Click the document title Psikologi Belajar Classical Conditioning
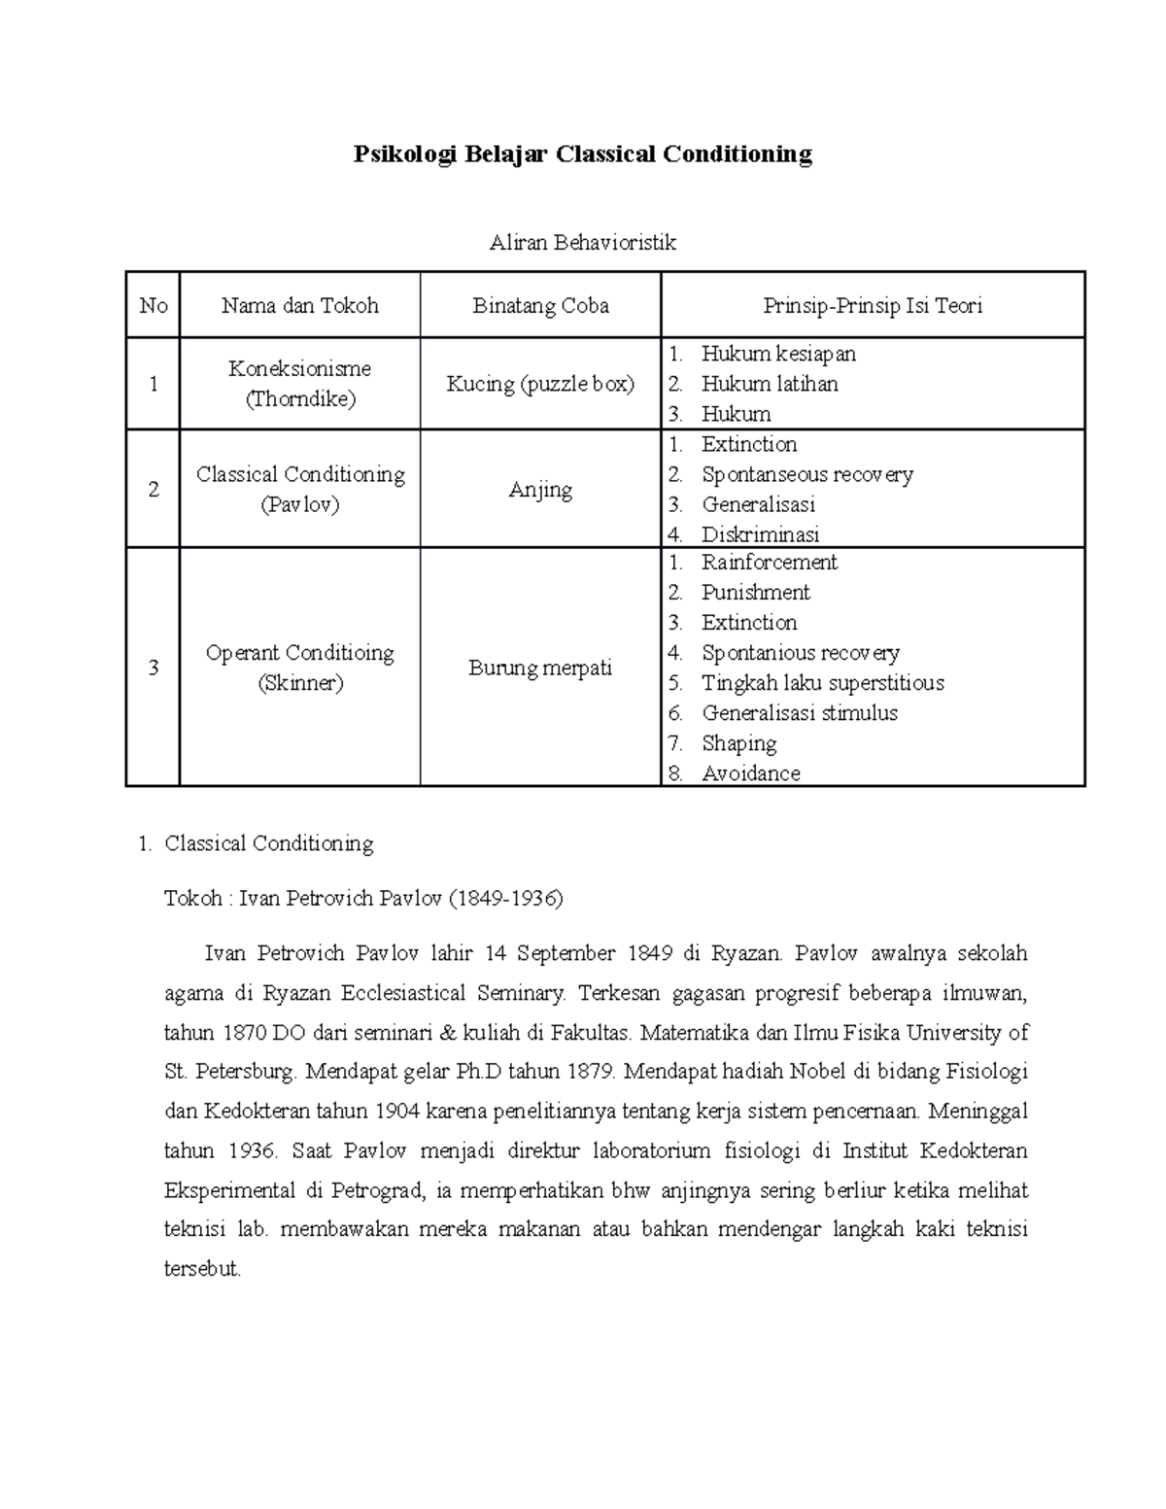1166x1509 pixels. point(582,154)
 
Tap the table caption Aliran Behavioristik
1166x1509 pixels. point(582,243)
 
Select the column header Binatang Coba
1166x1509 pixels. point(540,306)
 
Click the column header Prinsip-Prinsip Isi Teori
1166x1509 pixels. point(872,306)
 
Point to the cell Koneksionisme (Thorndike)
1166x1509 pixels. point(299,384)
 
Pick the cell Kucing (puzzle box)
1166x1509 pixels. point(540,384)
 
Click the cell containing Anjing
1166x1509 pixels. point(540,490)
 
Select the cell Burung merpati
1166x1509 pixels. point(540,669)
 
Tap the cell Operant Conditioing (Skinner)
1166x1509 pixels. point(299,668)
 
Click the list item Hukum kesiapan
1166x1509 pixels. point(778,354)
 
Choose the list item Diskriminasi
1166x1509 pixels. point(760,534)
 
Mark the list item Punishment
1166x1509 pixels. point(755,593)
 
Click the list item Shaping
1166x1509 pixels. point(738,743)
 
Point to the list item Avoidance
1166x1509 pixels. point(751,773)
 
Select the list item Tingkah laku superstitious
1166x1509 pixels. point(822,683)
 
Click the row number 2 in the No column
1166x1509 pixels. point(153,490)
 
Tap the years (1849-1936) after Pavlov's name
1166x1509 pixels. point(504,899)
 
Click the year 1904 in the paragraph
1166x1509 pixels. point(398,1112)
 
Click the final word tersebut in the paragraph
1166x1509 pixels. point(201,1270)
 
